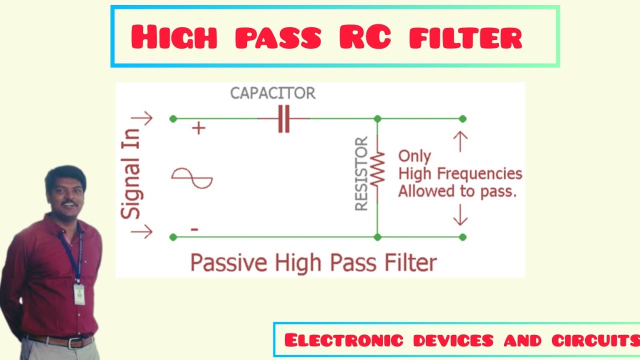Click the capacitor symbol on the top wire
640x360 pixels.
click(x=283, y=119)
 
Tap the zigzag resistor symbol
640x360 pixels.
click(x=377, y=167)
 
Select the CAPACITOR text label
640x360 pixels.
click(x=273, y=93)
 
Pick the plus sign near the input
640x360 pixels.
click(x=199, y=128)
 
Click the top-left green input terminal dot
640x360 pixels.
click(x=173, y=118)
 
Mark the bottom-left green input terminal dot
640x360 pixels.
click(x=173, y=236)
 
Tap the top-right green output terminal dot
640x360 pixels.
click(x=463, y=118)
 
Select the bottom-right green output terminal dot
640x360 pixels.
click(x=463, y=236)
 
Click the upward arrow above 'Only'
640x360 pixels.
click(x=460, y=141)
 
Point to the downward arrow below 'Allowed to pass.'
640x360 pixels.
click(x=460, y=216)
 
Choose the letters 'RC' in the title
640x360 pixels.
click(x=364, y=37)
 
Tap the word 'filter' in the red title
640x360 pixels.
click(x=465, y=37)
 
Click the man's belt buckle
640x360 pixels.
click(x=76, y=343)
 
